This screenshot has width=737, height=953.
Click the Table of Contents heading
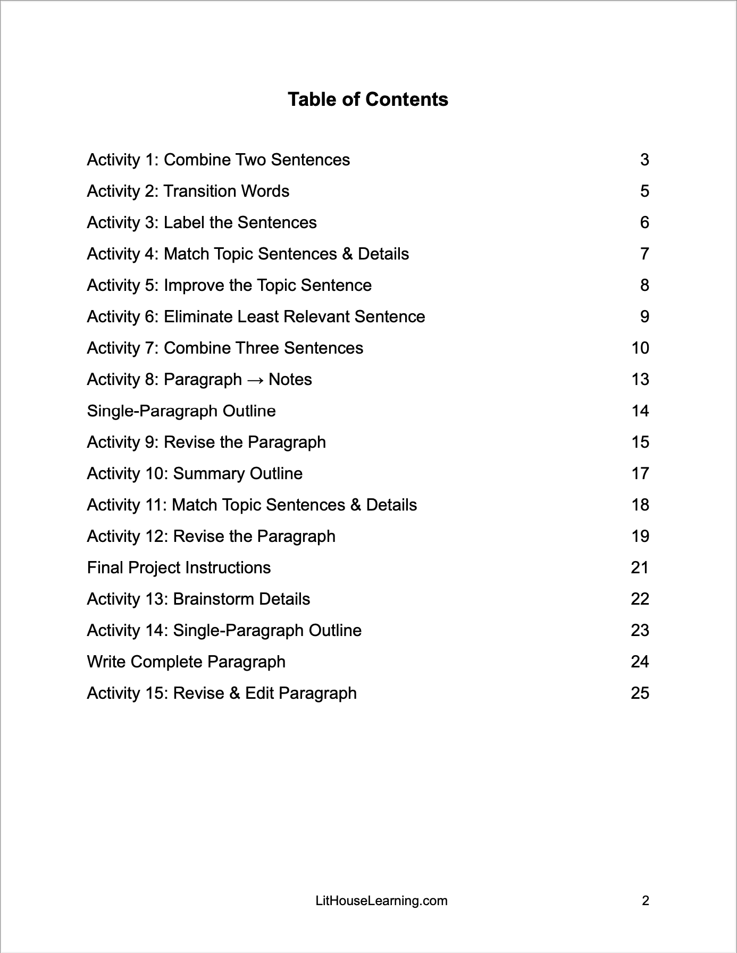coord(368,99)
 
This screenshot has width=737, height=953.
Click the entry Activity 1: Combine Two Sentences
coord(218,160)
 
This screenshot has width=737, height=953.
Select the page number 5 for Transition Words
coord(644,191)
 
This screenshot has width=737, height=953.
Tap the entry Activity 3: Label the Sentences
coord(202,223)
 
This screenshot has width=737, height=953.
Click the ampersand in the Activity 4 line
coord(348,254)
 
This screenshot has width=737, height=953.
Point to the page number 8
coord(644,286)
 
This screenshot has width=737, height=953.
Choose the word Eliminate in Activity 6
coord(198,317)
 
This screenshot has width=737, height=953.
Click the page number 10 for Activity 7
coord(640,348)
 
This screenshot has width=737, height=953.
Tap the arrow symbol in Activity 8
coord(255,380)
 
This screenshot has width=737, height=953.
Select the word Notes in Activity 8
coord(290,380)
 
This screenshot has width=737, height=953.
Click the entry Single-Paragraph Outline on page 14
coord(181,411)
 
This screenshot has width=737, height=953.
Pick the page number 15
coord(640,442)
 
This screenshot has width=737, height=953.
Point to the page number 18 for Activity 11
coord(640,505)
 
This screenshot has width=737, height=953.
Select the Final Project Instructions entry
coord(179,568)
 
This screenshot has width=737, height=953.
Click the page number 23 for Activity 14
coord(640,631)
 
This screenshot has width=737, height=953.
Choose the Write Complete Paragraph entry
coord(186,662)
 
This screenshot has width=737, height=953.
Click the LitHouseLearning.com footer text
coord(381,901)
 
